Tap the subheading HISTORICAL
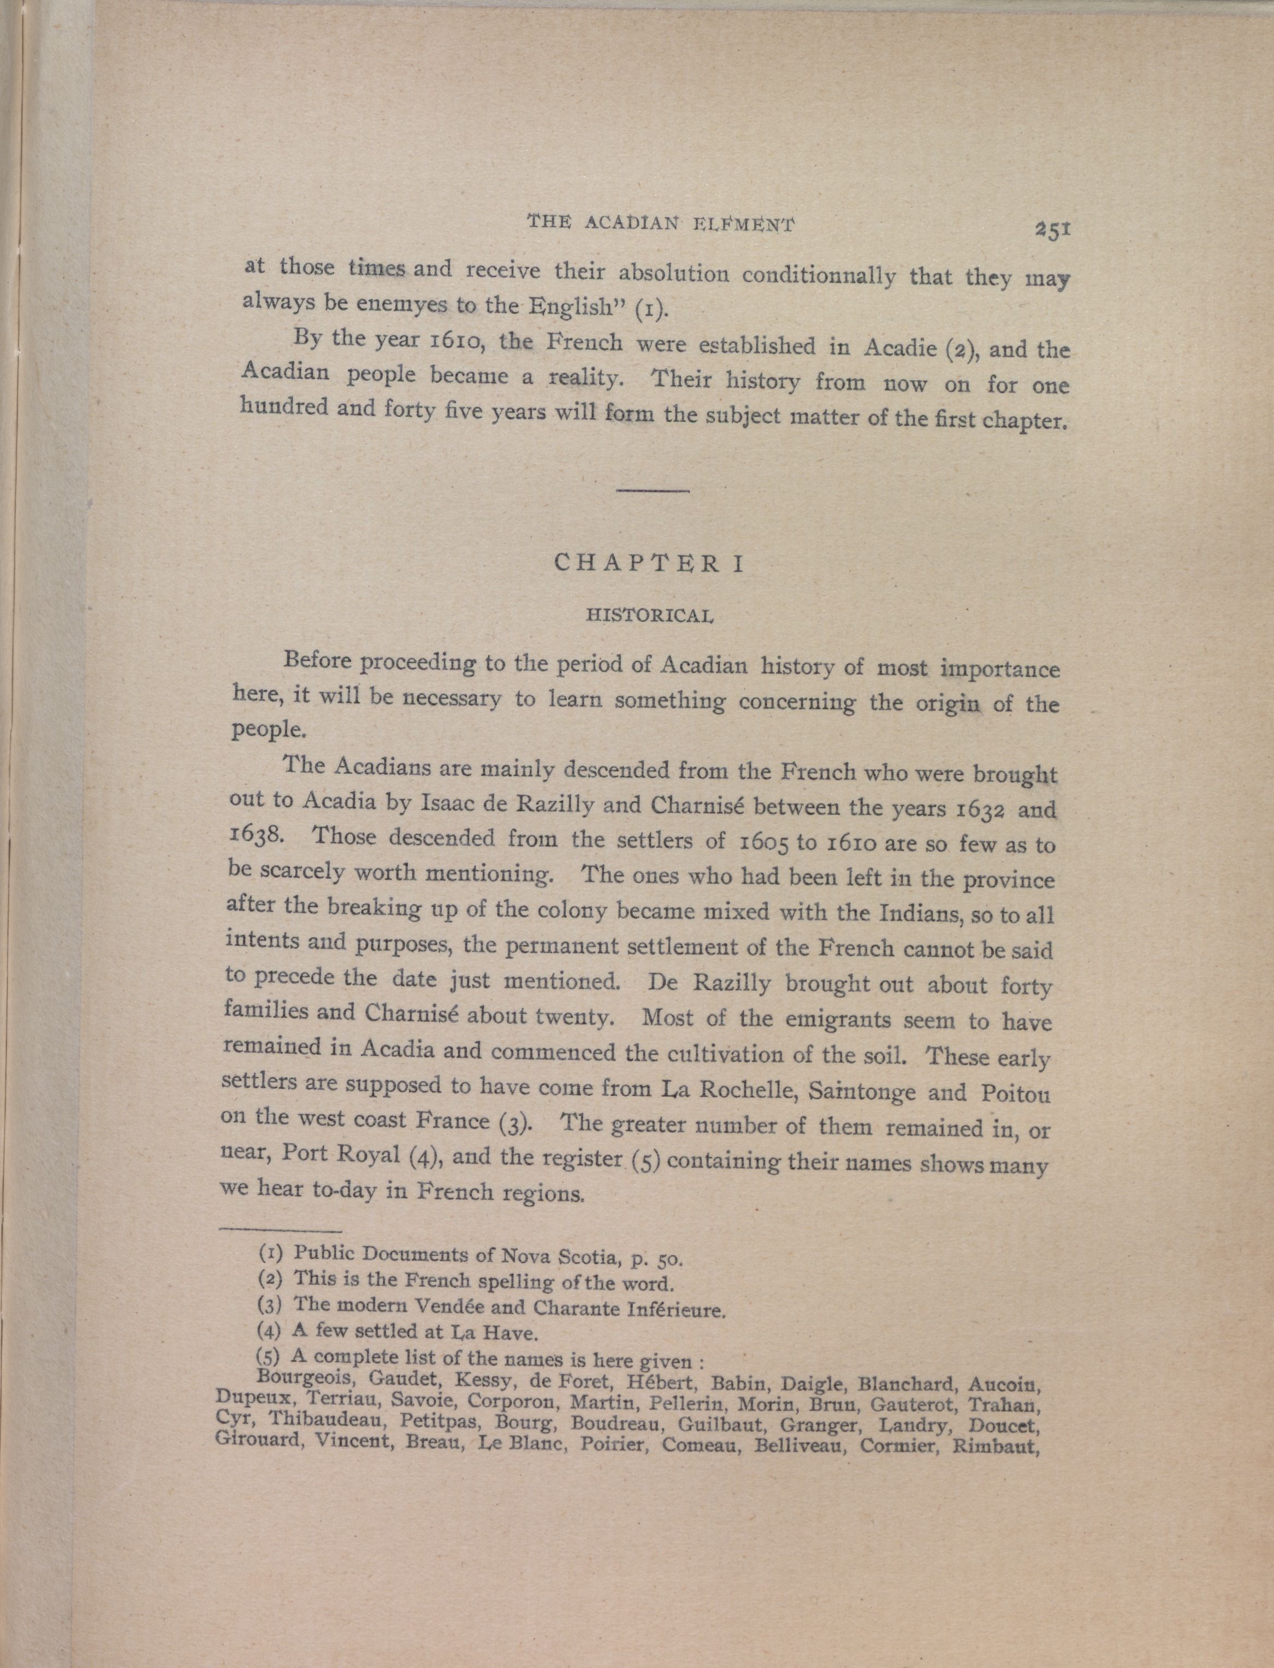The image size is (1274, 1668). click(649, 615)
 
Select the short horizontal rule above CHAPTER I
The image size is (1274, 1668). click(652, 491)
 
